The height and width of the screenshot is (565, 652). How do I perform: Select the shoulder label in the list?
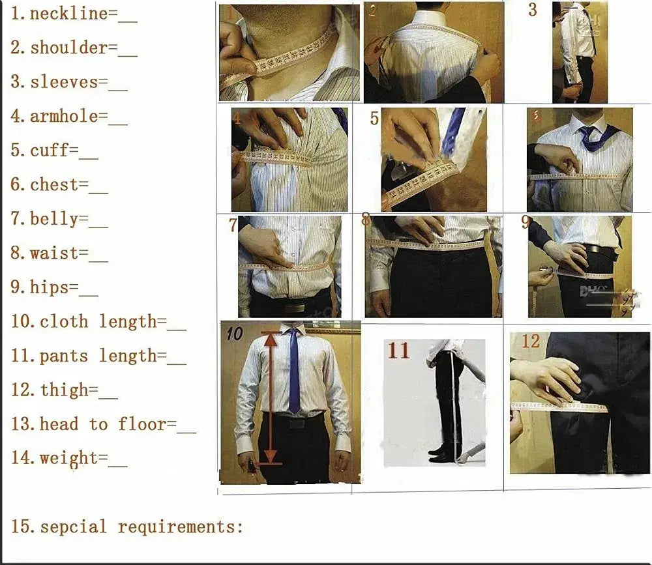tap(68, 48)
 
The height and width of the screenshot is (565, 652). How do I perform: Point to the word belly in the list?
tap(54, 219)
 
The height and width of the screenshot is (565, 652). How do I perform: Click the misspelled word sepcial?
tap(73, 527)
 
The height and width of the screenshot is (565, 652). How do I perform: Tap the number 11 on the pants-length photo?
tap(398, 350)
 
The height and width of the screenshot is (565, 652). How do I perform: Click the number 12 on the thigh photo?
tap(531, 341)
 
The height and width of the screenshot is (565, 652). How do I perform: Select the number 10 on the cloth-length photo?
tap(234, 334)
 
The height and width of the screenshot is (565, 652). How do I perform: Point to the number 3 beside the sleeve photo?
tap(533, 10)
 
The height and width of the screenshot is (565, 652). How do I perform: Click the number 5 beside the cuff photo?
tap(374, 119)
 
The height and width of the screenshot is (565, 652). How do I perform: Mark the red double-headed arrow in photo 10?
tap(271, 398)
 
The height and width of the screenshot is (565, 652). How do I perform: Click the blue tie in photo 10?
tap(294, 371)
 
